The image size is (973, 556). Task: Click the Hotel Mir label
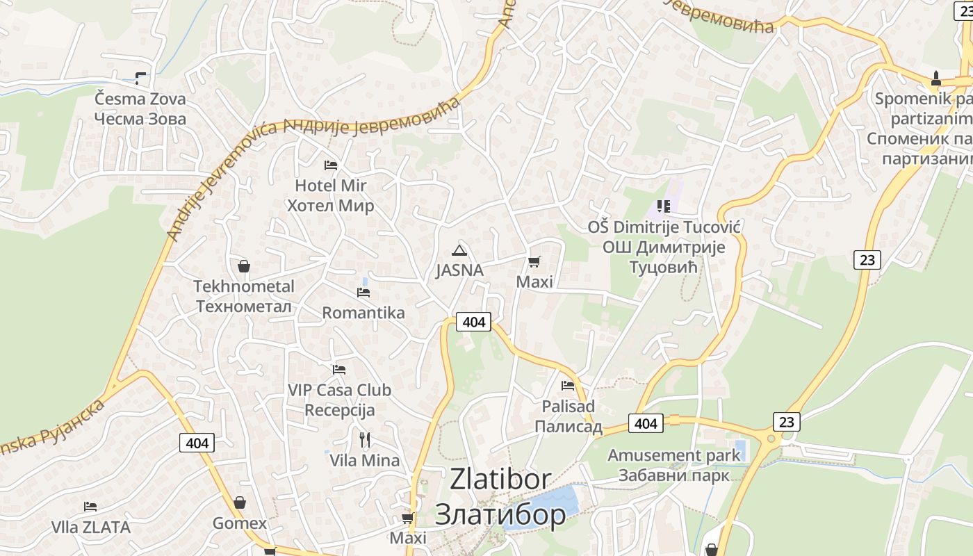(x=330, y=195)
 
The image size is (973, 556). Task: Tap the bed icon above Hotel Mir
(x=331, y=165)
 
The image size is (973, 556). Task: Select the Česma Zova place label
(x=140, y=108)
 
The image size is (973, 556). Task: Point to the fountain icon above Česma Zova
(x=141, y=78)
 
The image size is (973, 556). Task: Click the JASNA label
(x=459, y=270)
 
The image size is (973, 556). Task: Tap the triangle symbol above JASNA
(x=459, y=250)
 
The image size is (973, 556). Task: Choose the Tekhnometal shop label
(x=244, y=296)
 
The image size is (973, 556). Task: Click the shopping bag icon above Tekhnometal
(x=244, y=266)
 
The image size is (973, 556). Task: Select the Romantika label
(x=363, y=313)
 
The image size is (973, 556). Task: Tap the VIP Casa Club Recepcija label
(x=339, y=400)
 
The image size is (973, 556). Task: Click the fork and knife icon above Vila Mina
(x=365, y=439)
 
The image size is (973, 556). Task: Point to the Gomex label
(x=240, y=523)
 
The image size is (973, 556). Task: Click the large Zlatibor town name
(x=500, y=496)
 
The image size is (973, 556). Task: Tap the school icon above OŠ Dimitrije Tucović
(x=664, y=206)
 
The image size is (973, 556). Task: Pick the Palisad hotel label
(x=569, y=416)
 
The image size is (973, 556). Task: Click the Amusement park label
(x=674, y=465)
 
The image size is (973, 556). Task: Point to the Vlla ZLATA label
(x=91, y=528)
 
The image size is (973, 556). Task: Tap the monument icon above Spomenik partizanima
(x=936, y=79)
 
